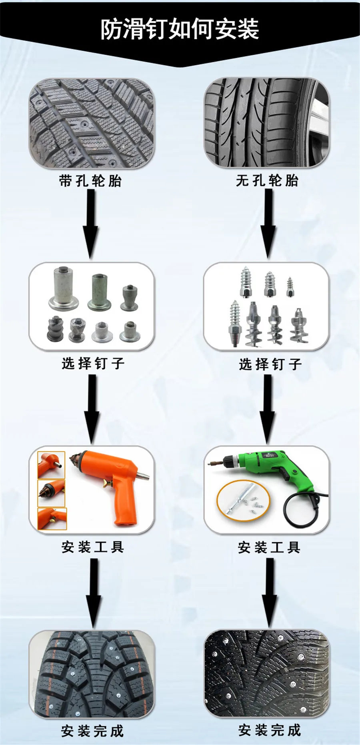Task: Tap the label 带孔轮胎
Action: (90, 181)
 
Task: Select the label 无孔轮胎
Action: (267, 181)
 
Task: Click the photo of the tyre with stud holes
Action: (92, 123)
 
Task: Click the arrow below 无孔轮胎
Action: (268, 224)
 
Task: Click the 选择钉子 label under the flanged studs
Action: (93, 364)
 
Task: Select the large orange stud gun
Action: (116, 480)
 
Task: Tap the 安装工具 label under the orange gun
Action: (93, 547)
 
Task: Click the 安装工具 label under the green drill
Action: (269, 547)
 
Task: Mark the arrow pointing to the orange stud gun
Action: (92, 410)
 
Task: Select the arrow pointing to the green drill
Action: (268, 410)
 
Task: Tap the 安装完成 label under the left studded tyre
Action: (92, 731)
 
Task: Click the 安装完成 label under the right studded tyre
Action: (270, 730)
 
